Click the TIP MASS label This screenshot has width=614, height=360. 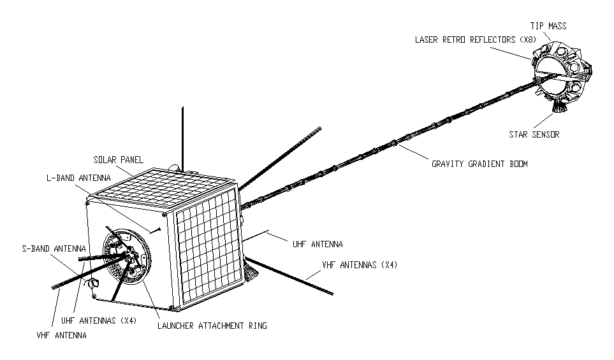tap(548, 26)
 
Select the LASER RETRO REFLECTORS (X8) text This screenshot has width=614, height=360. tap(476, 40)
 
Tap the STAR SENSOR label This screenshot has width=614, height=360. tap(534, 134)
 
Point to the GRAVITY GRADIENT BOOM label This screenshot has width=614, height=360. tap(479, 164)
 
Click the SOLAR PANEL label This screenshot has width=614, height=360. tap(118, 160)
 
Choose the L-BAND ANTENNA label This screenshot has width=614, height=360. tap(78, 178)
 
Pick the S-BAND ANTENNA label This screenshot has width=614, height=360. tap(54, 248)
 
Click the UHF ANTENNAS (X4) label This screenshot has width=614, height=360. tap(99, 320)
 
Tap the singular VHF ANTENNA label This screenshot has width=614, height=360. tap(61, 335)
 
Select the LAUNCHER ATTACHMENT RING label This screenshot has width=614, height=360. tap(212, 326)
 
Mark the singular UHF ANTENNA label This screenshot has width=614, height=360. tap(318, 244)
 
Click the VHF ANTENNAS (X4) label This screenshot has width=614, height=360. tap(360, 265)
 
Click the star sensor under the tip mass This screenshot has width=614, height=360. tap(559, 105)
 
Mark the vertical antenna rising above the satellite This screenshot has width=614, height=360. tap(182, 137)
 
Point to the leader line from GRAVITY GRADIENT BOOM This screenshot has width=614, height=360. tap(413, 152)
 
